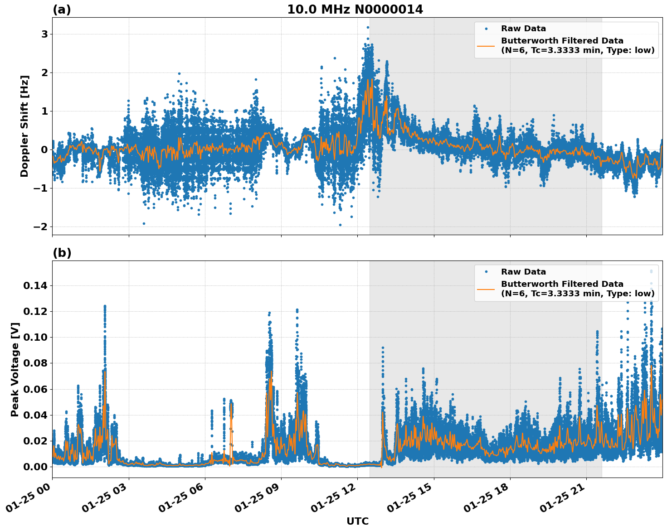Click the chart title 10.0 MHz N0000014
(355, 10)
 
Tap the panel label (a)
(62, 10)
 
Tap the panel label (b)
(62, 253)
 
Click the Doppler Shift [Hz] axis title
(24, 126)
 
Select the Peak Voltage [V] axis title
(15, 369)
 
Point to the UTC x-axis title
(357, 521)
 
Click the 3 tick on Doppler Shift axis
(44, 34)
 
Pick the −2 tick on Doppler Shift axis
(41, 227)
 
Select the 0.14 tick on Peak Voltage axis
(35, 285)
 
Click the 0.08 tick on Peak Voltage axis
(35, 363)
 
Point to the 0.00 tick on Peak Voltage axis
(35, 467)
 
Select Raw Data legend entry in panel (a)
(523, 29)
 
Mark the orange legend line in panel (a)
(486, 45)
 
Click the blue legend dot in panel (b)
(486, 272)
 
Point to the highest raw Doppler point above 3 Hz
(368, 27)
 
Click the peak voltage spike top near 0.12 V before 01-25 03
(105, 306)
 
